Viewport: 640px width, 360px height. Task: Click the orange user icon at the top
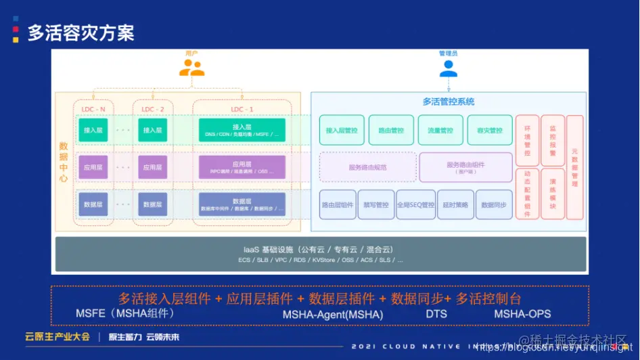191,68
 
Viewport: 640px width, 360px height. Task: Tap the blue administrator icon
448,68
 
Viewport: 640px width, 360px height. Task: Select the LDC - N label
93,109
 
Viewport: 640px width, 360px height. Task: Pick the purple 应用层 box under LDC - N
93,166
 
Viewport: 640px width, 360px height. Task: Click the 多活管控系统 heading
449,102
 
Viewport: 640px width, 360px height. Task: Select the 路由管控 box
391,130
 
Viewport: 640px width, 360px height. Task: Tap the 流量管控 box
440,130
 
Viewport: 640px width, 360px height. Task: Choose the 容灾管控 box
490,130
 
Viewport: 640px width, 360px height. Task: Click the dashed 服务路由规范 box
367,167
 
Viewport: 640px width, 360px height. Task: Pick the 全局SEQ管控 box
415,204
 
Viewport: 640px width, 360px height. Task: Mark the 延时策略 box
455,204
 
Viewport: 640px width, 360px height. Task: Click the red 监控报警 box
553,141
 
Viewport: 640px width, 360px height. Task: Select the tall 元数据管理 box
575,166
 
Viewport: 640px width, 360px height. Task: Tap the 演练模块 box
553,194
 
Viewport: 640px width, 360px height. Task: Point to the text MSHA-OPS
522,314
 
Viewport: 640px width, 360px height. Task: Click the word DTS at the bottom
436,314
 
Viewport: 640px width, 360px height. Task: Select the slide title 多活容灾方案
81,33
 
